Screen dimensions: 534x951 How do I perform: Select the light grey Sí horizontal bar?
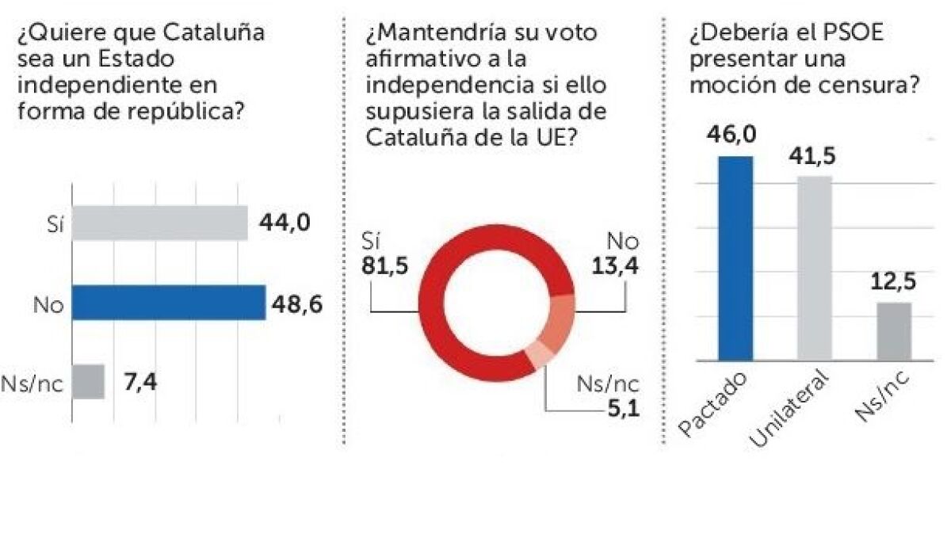[159, 223]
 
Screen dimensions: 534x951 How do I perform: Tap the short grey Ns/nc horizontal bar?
[88, 382]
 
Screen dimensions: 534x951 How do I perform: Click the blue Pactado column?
[735, 257]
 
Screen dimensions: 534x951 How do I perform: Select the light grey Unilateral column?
[815, 268]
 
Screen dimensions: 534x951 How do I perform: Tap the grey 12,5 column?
[894, 331]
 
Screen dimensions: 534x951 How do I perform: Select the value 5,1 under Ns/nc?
[621, 409]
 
